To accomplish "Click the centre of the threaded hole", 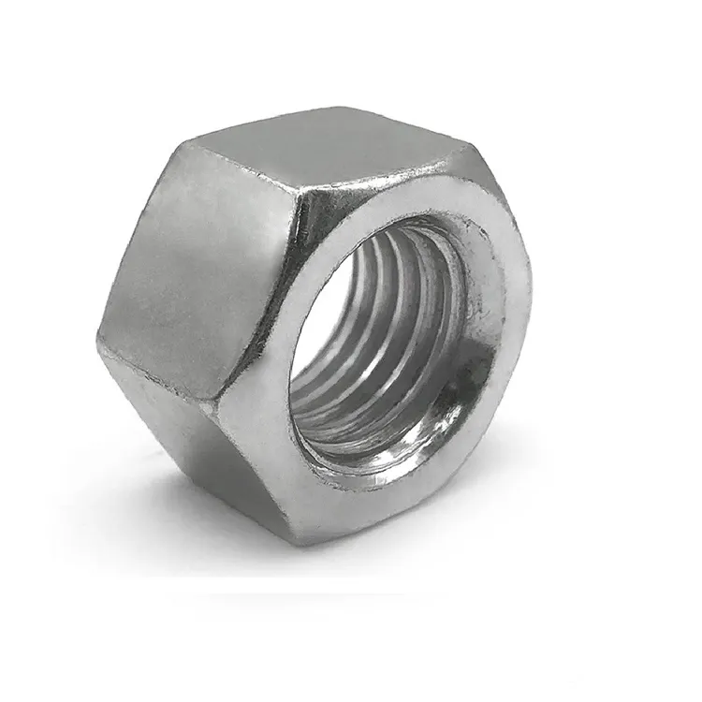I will point(388,346).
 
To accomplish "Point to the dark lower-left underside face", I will point(187,440).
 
